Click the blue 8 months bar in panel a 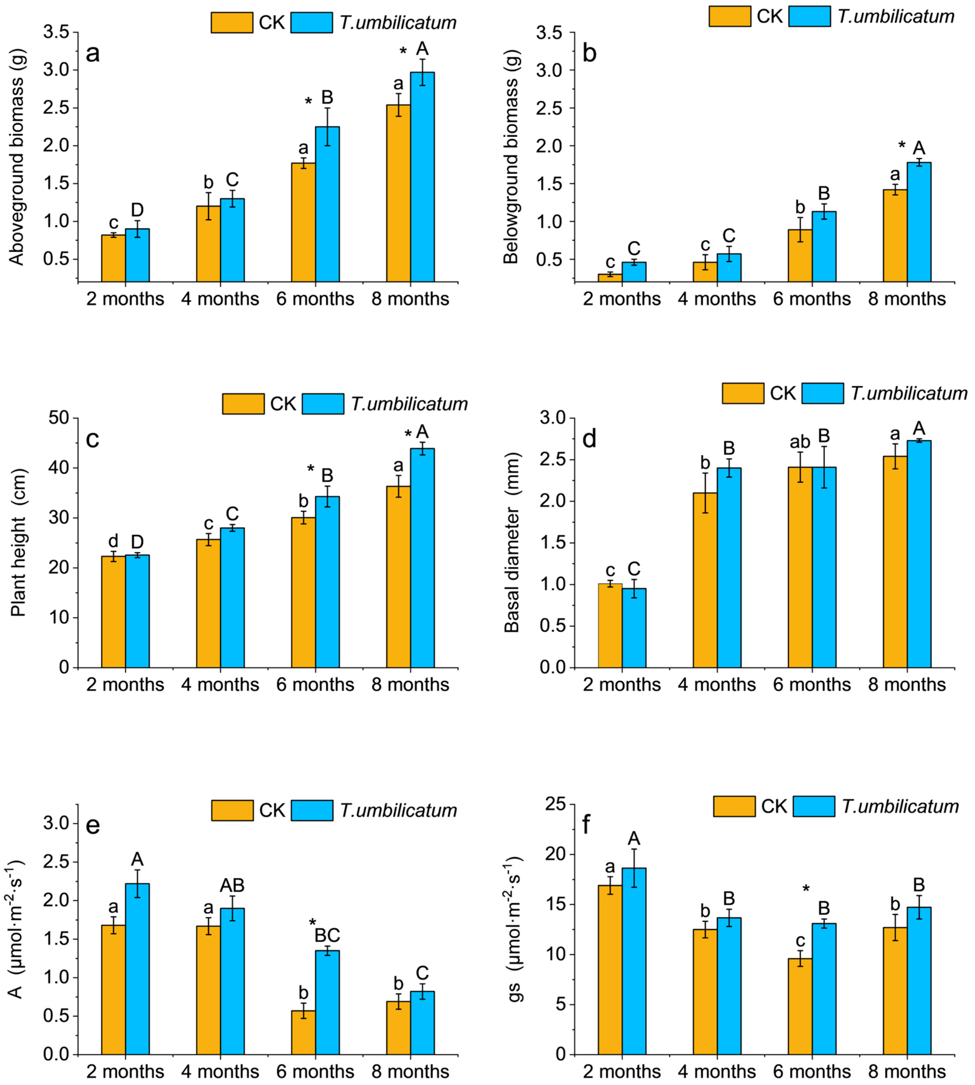(422, 177)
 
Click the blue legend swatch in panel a (312, 22)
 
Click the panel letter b (589, 54)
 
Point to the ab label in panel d (800, 442)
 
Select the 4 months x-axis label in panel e (220, 1071)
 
